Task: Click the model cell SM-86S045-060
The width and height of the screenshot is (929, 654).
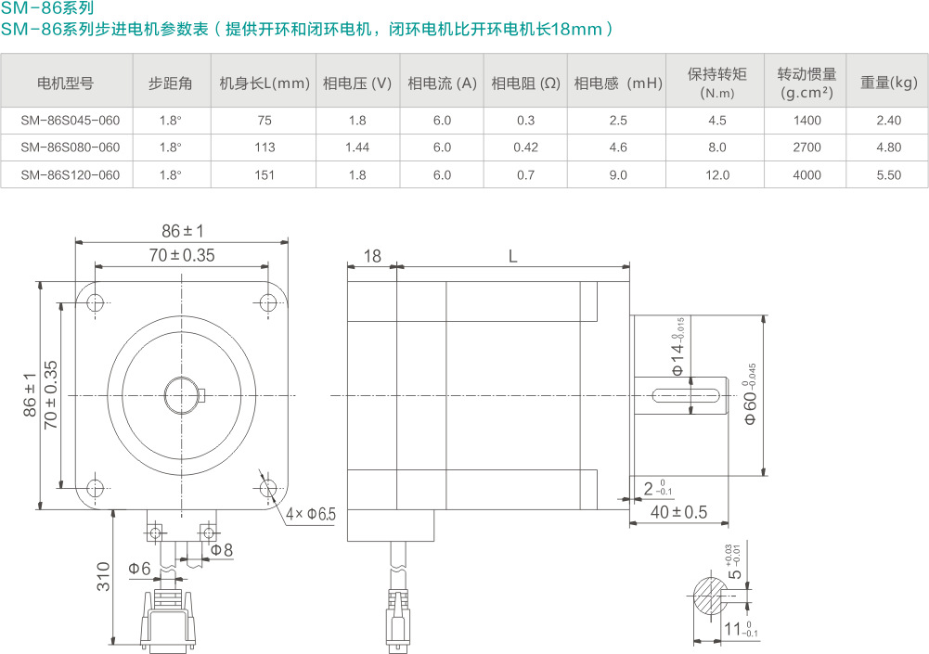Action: coord(70,121)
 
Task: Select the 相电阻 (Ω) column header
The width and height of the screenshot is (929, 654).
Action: coord(525,83)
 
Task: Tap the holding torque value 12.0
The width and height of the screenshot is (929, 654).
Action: coord(716,175)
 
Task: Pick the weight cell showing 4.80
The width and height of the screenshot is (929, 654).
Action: coord(888,147)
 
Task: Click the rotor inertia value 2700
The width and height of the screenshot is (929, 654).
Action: coord(807,147)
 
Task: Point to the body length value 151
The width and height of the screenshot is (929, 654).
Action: coord(265,175)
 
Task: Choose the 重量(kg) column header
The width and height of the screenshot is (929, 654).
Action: coord(888,83)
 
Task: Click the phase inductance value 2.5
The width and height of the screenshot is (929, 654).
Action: coord(618,121)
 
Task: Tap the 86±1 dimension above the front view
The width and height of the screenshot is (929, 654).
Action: coord(182,231)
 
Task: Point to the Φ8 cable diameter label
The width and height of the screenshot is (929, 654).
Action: coord(222,550)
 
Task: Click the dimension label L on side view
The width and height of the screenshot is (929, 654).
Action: coord(512,256)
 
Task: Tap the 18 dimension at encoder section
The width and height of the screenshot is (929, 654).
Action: coord(371,256)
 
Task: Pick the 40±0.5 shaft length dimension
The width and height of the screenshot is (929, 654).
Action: coord(677,512)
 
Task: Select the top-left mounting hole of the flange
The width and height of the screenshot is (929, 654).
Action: coord(94,302)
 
